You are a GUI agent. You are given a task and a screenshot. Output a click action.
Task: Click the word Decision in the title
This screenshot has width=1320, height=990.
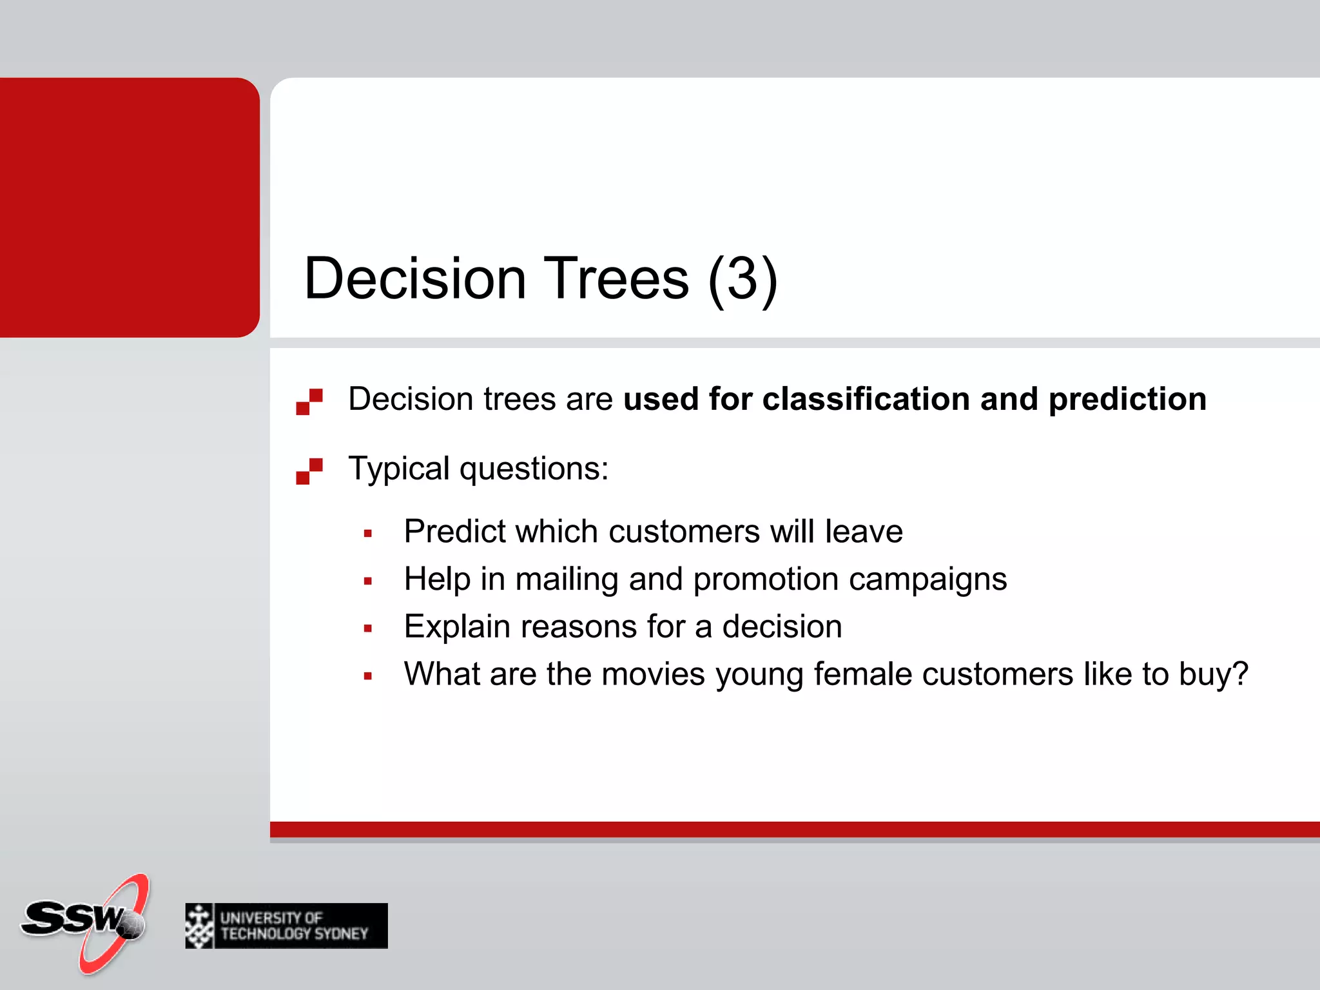(x=415, y=278)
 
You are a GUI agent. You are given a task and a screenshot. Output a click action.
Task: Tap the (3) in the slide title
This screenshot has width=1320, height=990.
(x=742, y=278)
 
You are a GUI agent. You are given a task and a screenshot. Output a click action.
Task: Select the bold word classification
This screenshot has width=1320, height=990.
(x=866, y=399)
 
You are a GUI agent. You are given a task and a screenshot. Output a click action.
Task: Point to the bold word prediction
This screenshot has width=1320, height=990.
(x=1127, y=399)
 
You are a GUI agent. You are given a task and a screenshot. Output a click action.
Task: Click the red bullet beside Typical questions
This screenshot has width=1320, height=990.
(x=309, y=471)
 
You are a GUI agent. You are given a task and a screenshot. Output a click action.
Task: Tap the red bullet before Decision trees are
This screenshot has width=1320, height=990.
(x=309, y=402)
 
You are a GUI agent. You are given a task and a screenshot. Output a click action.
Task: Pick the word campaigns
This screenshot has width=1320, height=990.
(x=927, y=580)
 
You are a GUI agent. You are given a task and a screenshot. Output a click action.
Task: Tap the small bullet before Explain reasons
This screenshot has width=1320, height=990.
(x=368, y=628)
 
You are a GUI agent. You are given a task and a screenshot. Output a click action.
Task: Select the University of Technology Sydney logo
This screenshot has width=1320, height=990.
(x=286, y=926)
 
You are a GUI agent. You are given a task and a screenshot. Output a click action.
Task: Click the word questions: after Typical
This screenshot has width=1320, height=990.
(x=534, y=469)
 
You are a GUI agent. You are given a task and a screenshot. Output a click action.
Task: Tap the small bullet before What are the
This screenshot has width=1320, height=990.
(x=368, y=676)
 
